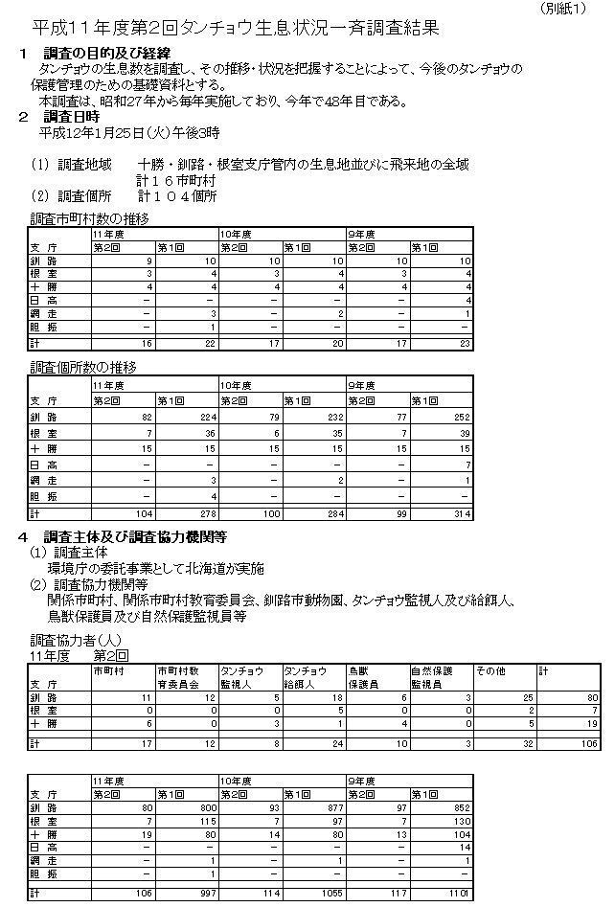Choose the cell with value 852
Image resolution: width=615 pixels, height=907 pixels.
(458, 809)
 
